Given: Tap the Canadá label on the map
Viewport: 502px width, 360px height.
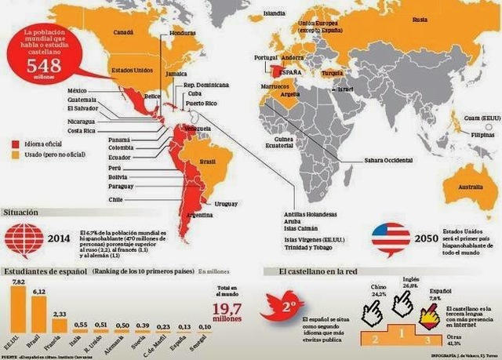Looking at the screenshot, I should pyautogui.click(x=124, y=34).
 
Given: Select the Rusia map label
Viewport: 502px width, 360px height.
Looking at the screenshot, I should pyautogui.click(x=420, y=19).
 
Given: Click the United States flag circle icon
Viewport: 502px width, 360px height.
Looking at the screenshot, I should pyautogui.click(x=390, y=240).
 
